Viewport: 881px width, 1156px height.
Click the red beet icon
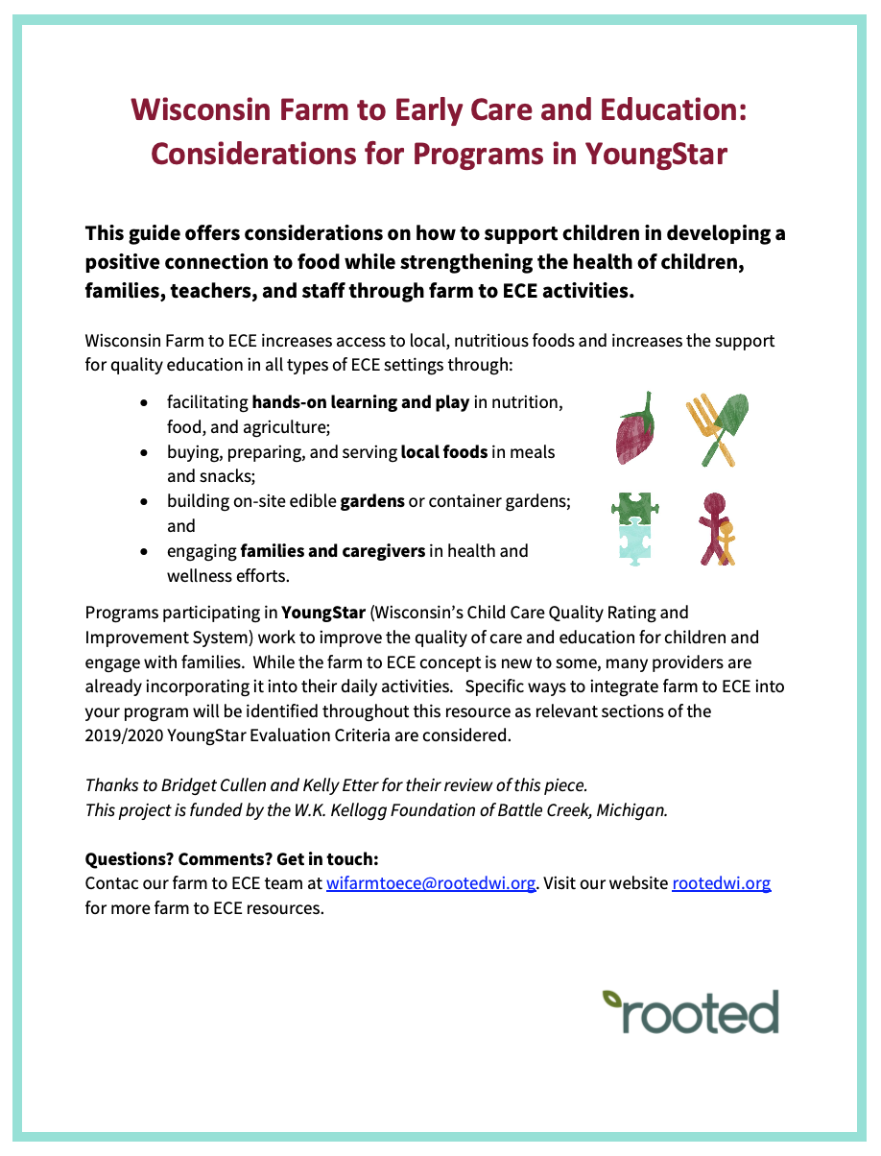point(635,427)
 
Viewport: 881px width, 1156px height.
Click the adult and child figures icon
point(716,528)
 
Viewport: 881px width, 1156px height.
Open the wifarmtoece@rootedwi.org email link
point(431,883)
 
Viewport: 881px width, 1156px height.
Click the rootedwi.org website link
point(721,883)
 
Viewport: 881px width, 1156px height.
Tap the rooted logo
point(691,1010)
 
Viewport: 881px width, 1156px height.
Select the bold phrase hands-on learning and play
point(360,402)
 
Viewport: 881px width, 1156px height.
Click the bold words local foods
point(444,451)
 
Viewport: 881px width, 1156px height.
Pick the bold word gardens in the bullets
point(372,501)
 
